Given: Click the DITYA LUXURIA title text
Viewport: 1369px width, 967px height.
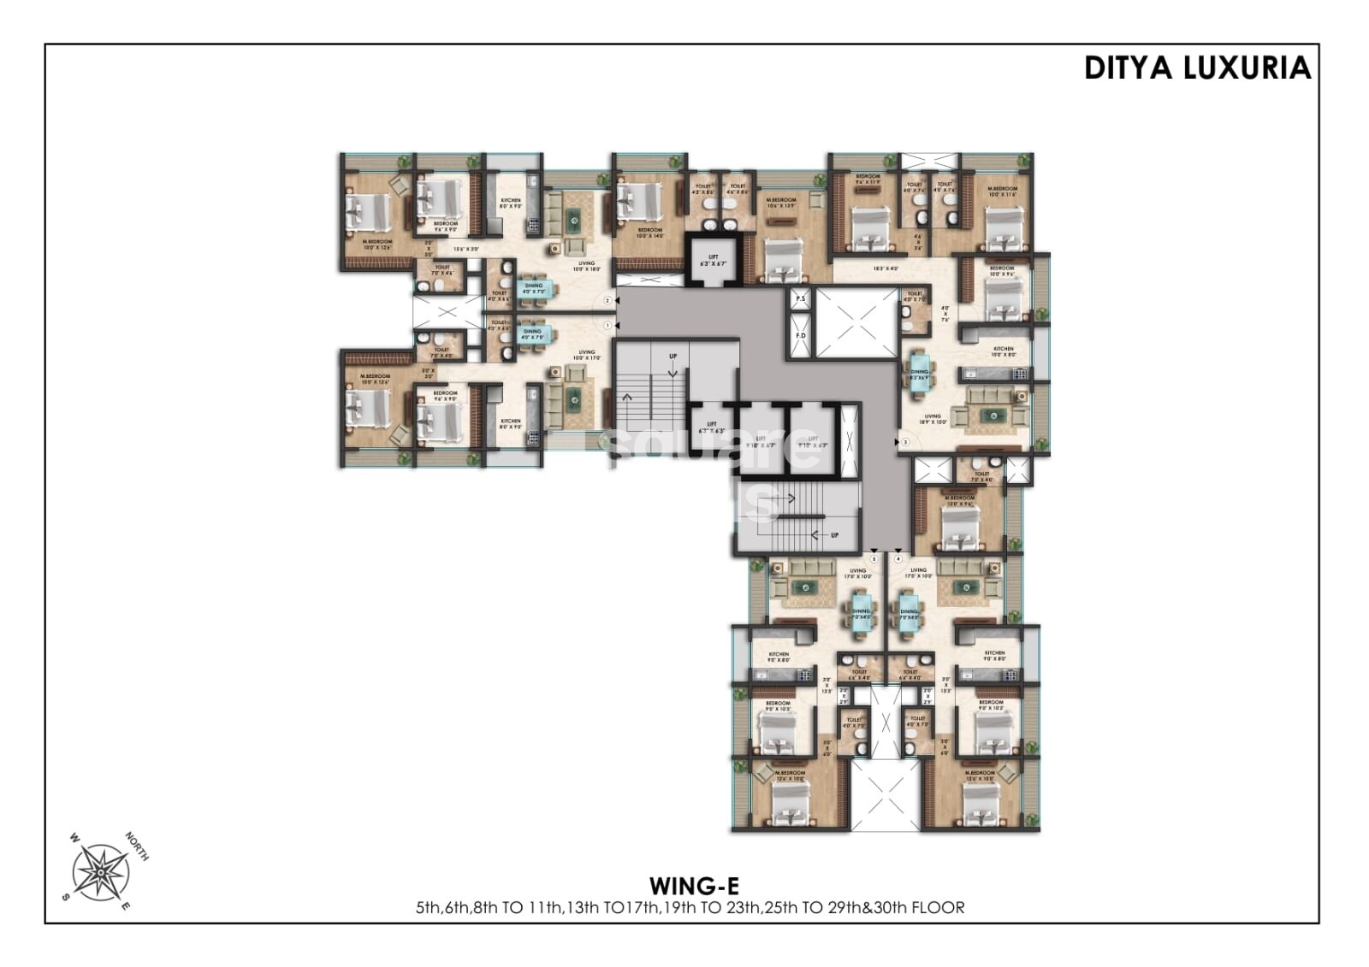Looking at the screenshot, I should click(x=1197, y=68).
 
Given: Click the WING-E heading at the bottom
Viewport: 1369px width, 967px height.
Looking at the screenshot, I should click(x=694, y=886).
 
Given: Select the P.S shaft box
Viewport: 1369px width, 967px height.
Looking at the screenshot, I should click(x=800, y=299).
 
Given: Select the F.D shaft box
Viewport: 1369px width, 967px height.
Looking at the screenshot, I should click(x=801, y=335).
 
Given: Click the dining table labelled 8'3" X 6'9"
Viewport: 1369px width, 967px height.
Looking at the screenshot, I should click(x=919, y=374).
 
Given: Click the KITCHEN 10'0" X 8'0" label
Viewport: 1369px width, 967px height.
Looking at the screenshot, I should click(x=1003, y=351).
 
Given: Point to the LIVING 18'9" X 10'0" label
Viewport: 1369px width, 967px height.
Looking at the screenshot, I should click(x=932, y=419).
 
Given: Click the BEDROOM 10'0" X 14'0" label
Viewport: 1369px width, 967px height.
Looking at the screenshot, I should click(x=649, y=233).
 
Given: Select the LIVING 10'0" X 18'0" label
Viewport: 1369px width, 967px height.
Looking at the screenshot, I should click(x=586, y=266).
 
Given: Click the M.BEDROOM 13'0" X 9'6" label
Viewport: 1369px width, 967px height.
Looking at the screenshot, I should click(x=959, y=501).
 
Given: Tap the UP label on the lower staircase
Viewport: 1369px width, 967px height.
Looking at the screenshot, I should click(x=834, y=535).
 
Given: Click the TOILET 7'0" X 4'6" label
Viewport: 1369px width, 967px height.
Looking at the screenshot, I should click(x=442, y=269).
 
